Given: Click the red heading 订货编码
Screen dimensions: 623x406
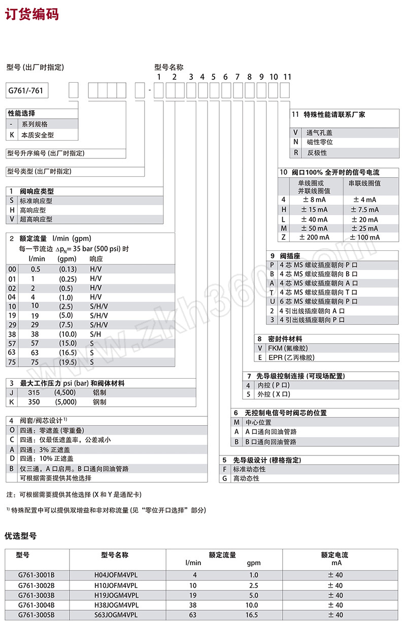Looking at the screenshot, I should pyautogui.click(x=32, y=14).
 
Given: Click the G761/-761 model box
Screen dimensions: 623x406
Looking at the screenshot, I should pyautogui.click(x=26, y=91).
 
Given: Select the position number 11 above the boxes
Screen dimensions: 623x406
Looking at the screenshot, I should pyautogui.click(x=287, y=77).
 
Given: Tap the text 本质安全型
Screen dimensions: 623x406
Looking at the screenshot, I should pyautogui.click(x=37, y=135).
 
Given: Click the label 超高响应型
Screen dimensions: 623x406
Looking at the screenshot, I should pyautogui.click(x=36, y=219).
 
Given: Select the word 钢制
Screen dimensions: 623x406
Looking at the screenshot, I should pyautogui.click(x=99, y=402).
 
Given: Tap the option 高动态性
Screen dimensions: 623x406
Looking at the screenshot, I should pyautogui.click(x=246, y=478).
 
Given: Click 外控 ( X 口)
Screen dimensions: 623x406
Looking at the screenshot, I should pyautogui.click(x=275, y=394).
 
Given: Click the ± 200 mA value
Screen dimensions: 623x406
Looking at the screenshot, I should pyautogui.click(x=314, y=237).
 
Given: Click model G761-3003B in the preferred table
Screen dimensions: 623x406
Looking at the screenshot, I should pyautogui.click(x=36, y=595).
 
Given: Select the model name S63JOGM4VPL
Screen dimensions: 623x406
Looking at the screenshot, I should pyautogui.click(x=116, y=615).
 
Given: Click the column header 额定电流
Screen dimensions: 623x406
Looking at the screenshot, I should pyautogui.click(x=334, y=555).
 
